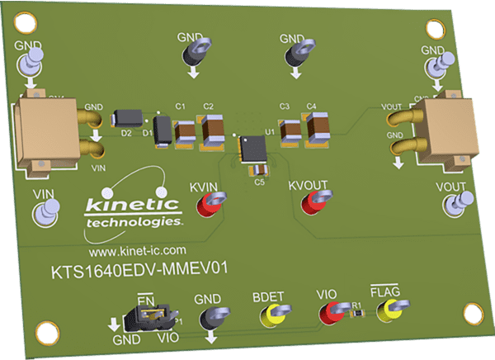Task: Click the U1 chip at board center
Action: [x=248, y=149]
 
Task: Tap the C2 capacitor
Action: [x=213, y=129]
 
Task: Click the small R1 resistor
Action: [x=357, y=313]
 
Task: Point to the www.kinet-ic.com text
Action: [x=137, y=249]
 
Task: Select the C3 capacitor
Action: [x=290, y=130]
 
